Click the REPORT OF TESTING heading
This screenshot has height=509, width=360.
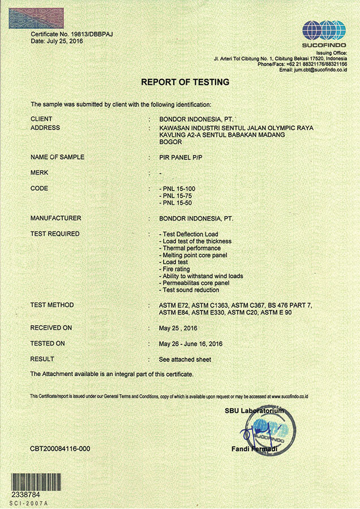(x=185, y=82)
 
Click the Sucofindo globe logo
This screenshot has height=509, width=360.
(x=323, y=29)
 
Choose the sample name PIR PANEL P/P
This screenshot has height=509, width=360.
(x=181, y=157)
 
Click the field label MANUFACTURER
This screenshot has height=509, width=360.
(x=56, y=218)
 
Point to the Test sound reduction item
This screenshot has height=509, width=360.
(x=190, y=290)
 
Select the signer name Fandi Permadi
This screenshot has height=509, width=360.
(x=254, y=449)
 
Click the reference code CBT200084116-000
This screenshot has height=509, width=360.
(x=60, y=449)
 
